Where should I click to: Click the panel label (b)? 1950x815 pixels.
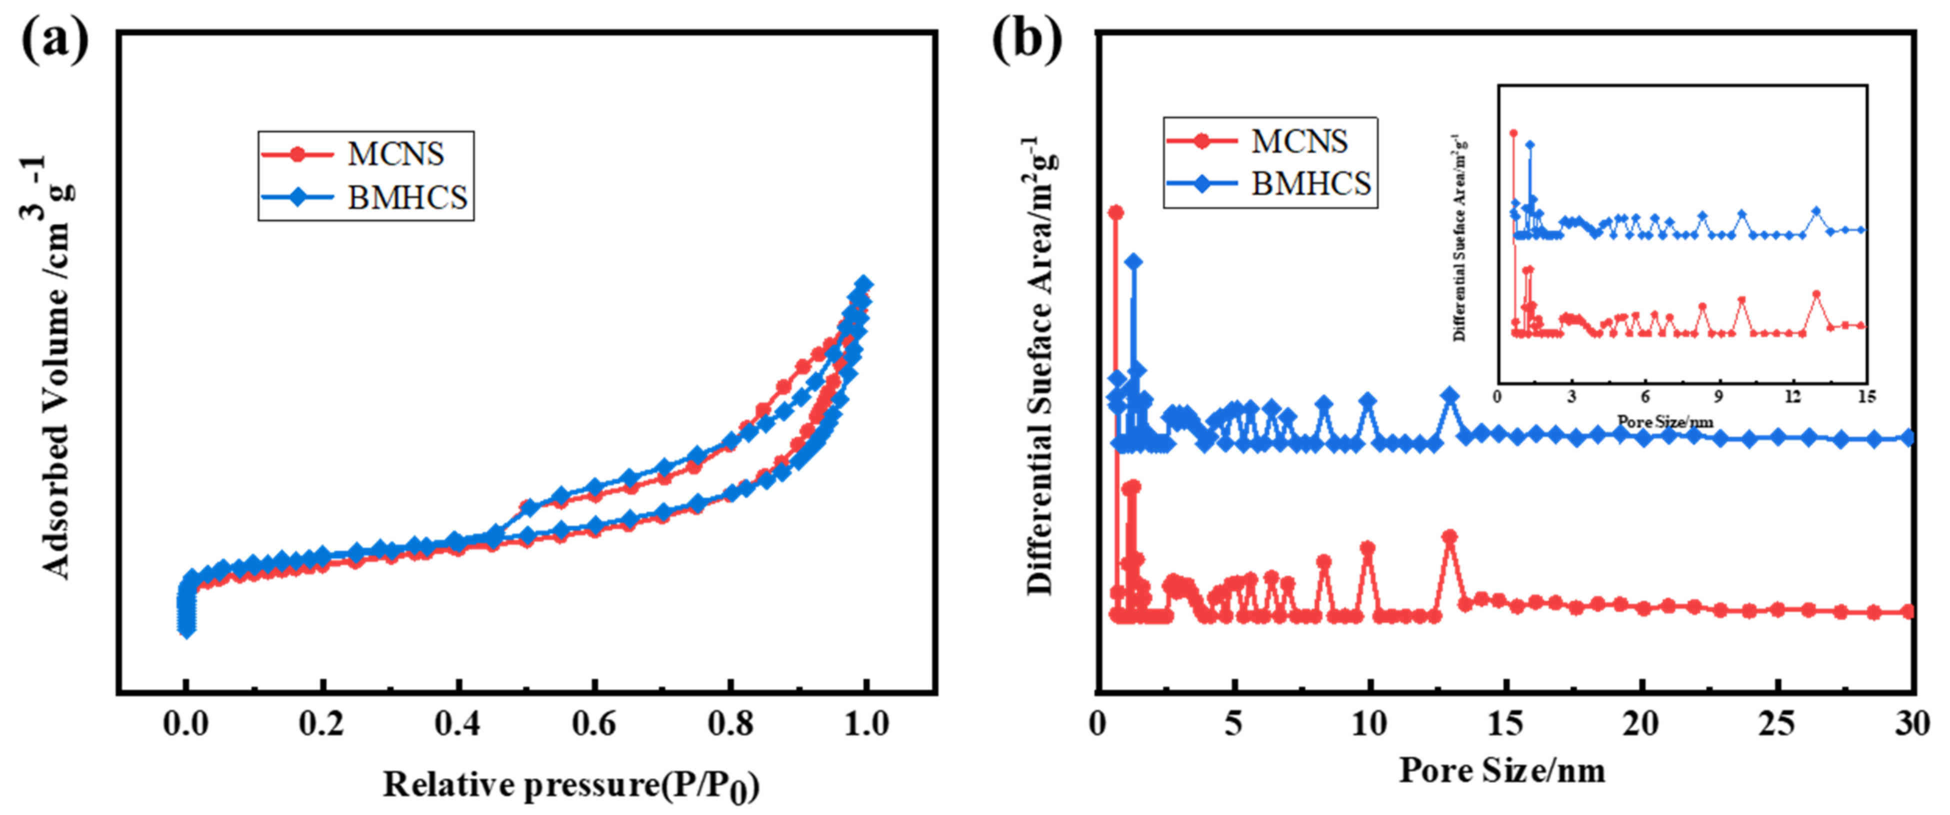click(x=1026, y=38)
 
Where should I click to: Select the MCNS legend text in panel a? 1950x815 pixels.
click(x=395, y=155)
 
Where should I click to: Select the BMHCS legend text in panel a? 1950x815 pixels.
click(x=407, y=198)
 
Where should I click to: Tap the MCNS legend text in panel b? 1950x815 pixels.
click(x=1299, y=142)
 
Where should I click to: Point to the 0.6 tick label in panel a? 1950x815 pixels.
click(x=594, y=724)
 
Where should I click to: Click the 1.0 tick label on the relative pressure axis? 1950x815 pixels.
click(x=866, y=724)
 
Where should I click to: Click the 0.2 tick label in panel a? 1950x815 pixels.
click(x=321, y=724)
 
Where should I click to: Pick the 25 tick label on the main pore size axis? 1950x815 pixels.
click(x=1776, y=724)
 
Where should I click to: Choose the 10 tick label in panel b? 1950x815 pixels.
click(x=1368, y=724)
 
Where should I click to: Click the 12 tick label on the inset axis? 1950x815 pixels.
click(x=1792, y=397)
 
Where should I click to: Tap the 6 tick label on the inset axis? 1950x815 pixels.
click(x=1645, y=397)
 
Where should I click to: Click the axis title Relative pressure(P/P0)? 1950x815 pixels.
click(x=571, y=785)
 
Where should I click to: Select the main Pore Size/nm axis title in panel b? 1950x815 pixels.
click(x=1502, y=771)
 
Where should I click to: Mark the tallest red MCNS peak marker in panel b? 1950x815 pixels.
click(x=1115, y=213)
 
